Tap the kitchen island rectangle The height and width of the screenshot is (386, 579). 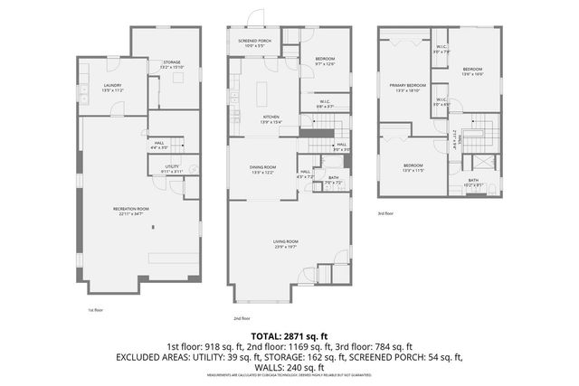[265, 94]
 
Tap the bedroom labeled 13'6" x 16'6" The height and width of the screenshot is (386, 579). [473, 71]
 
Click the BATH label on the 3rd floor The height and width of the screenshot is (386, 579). [473, 183]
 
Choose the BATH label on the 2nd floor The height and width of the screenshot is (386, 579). [333, 180]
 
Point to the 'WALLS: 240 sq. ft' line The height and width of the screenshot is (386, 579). [289, 368]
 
